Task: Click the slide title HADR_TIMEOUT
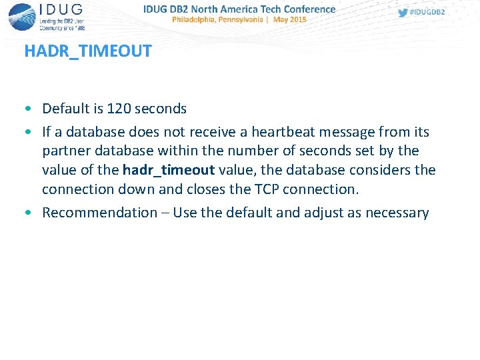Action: (x=87, y=51)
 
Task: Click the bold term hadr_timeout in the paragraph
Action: (x=168, y=170)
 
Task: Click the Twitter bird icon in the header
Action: (x=402, y=13)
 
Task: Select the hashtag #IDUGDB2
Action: (x=427, y=13)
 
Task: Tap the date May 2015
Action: (x=289, y=20)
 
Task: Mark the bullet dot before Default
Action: (x=28, y=109)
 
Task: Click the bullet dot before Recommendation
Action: (x=28, y=213)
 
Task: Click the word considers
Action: (x=380, y=170)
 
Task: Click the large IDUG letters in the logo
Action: (x=61, y=9)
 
